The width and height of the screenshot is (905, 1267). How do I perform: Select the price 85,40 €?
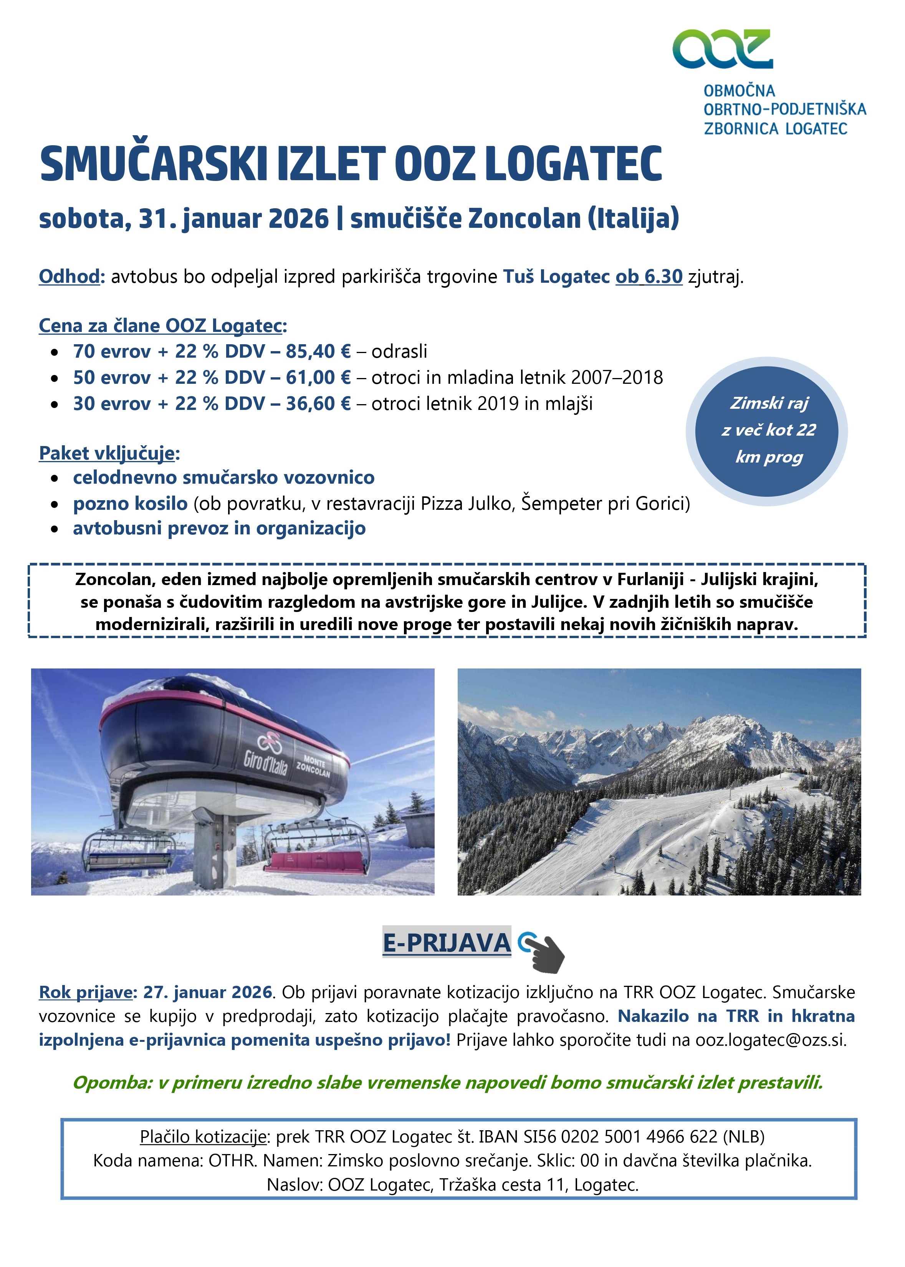tap(318, 351)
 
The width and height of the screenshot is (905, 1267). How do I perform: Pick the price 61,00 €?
tap(318, 377)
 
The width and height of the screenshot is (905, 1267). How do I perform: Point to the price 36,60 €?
tap(318, 403)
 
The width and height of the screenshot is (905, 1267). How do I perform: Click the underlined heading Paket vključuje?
tap(107, 453)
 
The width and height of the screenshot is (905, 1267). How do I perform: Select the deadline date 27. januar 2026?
tap(208, 992)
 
